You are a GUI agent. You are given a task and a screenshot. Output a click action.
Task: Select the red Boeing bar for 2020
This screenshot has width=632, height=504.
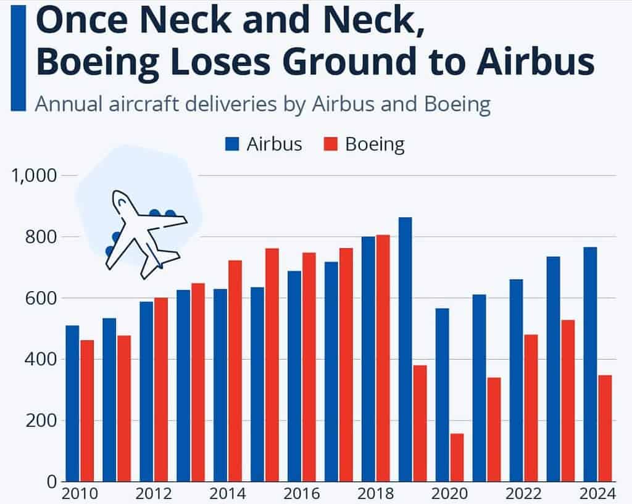[x=457, y=457]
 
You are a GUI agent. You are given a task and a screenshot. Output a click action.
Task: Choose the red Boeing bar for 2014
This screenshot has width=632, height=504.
[x=235, y=371]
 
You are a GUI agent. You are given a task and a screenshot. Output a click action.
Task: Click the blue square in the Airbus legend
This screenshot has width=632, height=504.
[x=232, y=144]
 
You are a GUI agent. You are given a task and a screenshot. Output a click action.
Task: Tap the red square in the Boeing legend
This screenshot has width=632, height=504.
[x=331, y=144]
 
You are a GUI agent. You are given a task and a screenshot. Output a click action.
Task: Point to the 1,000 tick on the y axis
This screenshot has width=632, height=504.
[x=35, y=176]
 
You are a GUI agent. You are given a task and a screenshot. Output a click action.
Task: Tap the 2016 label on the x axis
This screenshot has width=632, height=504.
[x=302, y=495]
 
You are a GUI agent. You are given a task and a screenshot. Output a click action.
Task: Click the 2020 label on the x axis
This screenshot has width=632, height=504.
[x=450, y=495]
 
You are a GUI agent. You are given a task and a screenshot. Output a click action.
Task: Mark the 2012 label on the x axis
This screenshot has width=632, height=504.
[x=154, y=495]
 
